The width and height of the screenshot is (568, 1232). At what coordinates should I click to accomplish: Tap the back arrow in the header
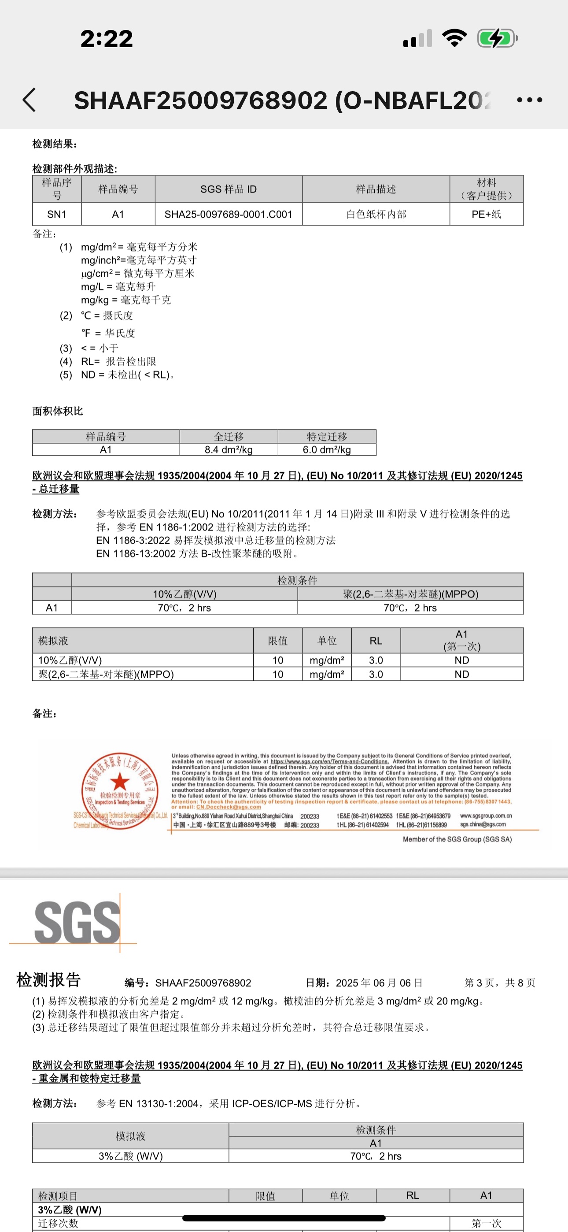click(x=29, y=100)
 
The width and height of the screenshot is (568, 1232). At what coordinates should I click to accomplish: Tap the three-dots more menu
click(x=530, y=100)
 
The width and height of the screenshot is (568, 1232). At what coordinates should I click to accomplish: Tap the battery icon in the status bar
click(x=497, y=38)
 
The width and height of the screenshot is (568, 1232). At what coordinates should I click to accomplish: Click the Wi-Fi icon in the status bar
click(x=454, y=38)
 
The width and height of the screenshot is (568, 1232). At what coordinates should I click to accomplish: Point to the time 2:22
click(x=106, y=39)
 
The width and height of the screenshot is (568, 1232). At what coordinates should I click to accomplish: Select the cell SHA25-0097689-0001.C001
click(x=229, y=214)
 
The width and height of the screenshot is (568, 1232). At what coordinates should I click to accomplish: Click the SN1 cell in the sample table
click(x=56, y=214)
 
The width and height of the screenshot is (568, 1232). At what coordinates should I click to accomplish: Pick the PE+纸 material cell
click(x=486, y=214)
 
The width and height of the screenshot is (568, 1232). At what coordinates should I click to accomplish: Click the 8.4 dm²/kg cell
click(x=229, y=449)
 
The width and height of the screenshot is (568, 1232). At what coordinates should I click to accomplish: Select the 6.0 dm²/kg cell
click(x=327, y=449)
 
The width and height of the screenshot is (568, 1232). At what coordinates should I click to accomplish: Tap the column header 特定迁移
click(x=327, y=436)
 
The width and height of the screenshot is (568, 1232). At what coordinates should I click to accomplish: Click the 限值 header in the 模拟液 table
click(x=277, y=640)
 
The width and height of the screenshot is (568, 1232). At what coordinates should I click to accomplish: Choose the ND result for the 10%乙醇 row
click(x=461, y=660)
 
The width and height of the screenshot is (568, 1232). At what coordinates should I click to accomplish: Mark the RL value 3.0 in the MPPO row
click(x=376, y=674)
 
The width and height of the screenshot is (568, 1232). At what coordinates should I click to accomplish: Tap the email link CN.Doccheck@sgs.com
click(x=229, y=807)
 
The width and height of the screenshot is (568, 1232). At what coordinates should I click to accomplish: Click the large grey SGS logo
click(x=77, y=923)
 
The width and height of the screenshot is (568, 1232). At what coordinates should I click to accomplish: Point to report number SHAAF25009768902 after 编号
click(x=203, y=983)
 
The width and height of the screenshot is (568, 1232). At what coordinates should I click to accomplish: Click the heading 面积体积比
click(x=58, y=411)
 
